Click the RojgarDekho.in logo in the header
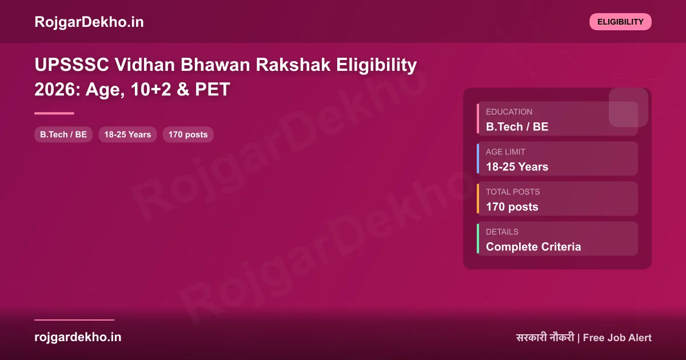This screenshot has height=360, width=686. pos(89,22)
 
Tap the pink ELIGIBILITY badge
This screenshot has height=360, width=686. pos(620,22)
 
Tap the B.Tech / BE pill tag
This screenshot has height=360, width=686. pos(63,134)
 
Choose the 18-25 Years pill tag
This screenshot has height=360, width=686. pos(127,134)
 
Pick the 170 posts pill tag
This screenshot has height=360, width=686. pos(188,134)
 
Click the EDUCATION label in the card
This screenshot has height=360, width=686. pos(509,112)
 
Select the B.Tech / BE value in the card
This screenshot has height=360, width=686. pos(517,127)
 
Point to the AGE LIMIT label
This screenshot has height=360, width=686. pos(505,152)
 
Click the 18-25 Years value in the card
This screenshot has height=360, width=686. pos(517,167)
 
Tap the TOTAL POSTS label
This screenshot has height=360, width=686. pos(513,192)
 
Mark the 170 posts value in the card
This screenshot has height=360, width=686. pos(512,207)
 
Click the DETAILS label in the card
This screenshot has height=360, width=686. pos(502,232)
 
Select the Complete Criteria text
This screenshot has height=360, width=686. pos(533,247)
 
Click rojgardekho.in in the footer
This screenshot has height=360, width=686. pos(78,337)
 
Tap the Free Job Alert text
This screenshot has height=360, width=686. pos(617,338)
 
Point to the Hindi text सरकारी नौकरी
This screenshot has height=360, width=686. pos(545,338)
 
